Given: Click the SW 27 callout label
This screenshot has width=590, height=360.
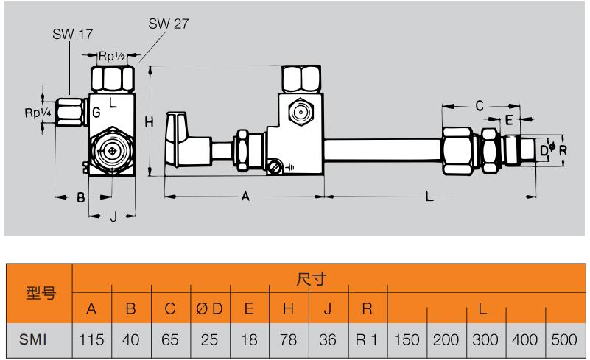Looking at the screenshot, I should pyautogui.click(x=169, y=23).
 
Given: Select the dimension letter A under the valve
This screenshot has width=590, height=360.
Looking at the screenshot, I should pyautogui.click(x=246, y=197).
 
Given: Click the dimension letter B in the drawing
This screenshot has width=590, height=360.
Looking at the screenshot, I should pyautogui.click(x=82, y=197).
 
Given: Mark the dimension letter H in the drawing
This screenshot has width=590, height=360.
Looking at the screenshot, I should pyautogui.click(x=149, y=123).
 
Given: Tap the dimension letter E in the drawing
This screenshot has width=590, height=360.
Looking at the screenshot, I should pyautogui.click(x=509, y=119).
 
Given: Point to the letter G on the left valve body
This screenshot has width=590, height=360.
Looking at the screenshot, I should pyautogui.click(x=96, y=113).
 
